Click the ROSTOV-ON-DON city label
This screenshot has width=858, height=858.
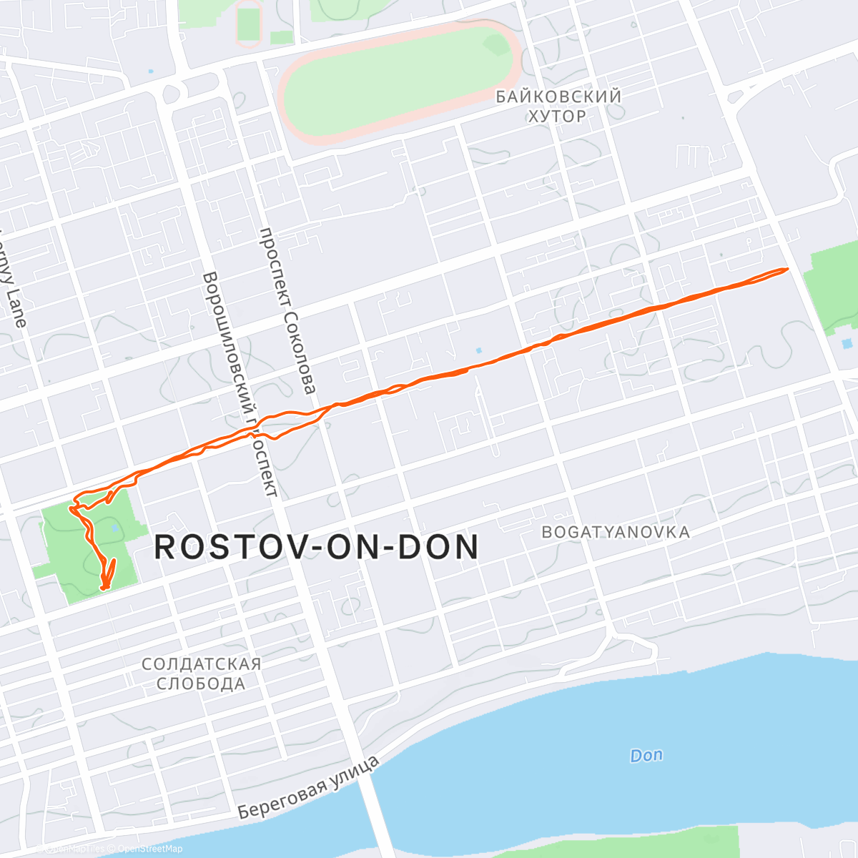pos(316,548)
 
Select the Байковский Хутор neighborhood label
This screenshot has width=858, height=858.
pos(558,105)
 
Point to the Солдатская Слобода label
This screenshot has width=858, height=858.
pos(201,674)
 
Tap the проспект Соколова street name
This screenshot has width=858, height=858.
pos(287,311)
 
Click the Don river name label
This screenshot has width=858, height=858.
pos(646,755)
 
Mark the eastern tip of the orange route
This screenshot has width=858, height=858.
pos(787,269)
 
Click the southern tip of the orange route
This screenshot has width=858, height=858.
pos(104,588)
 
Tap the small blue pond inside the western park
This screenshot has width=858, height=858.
pos(115,529)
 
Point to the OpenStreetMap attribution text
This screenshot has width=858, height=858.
pos(150,849)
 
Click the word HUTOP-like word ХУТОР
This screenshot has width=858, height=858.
pos(557,116)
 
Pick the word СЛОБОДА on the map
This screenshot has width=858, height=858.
pos(201,684)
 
